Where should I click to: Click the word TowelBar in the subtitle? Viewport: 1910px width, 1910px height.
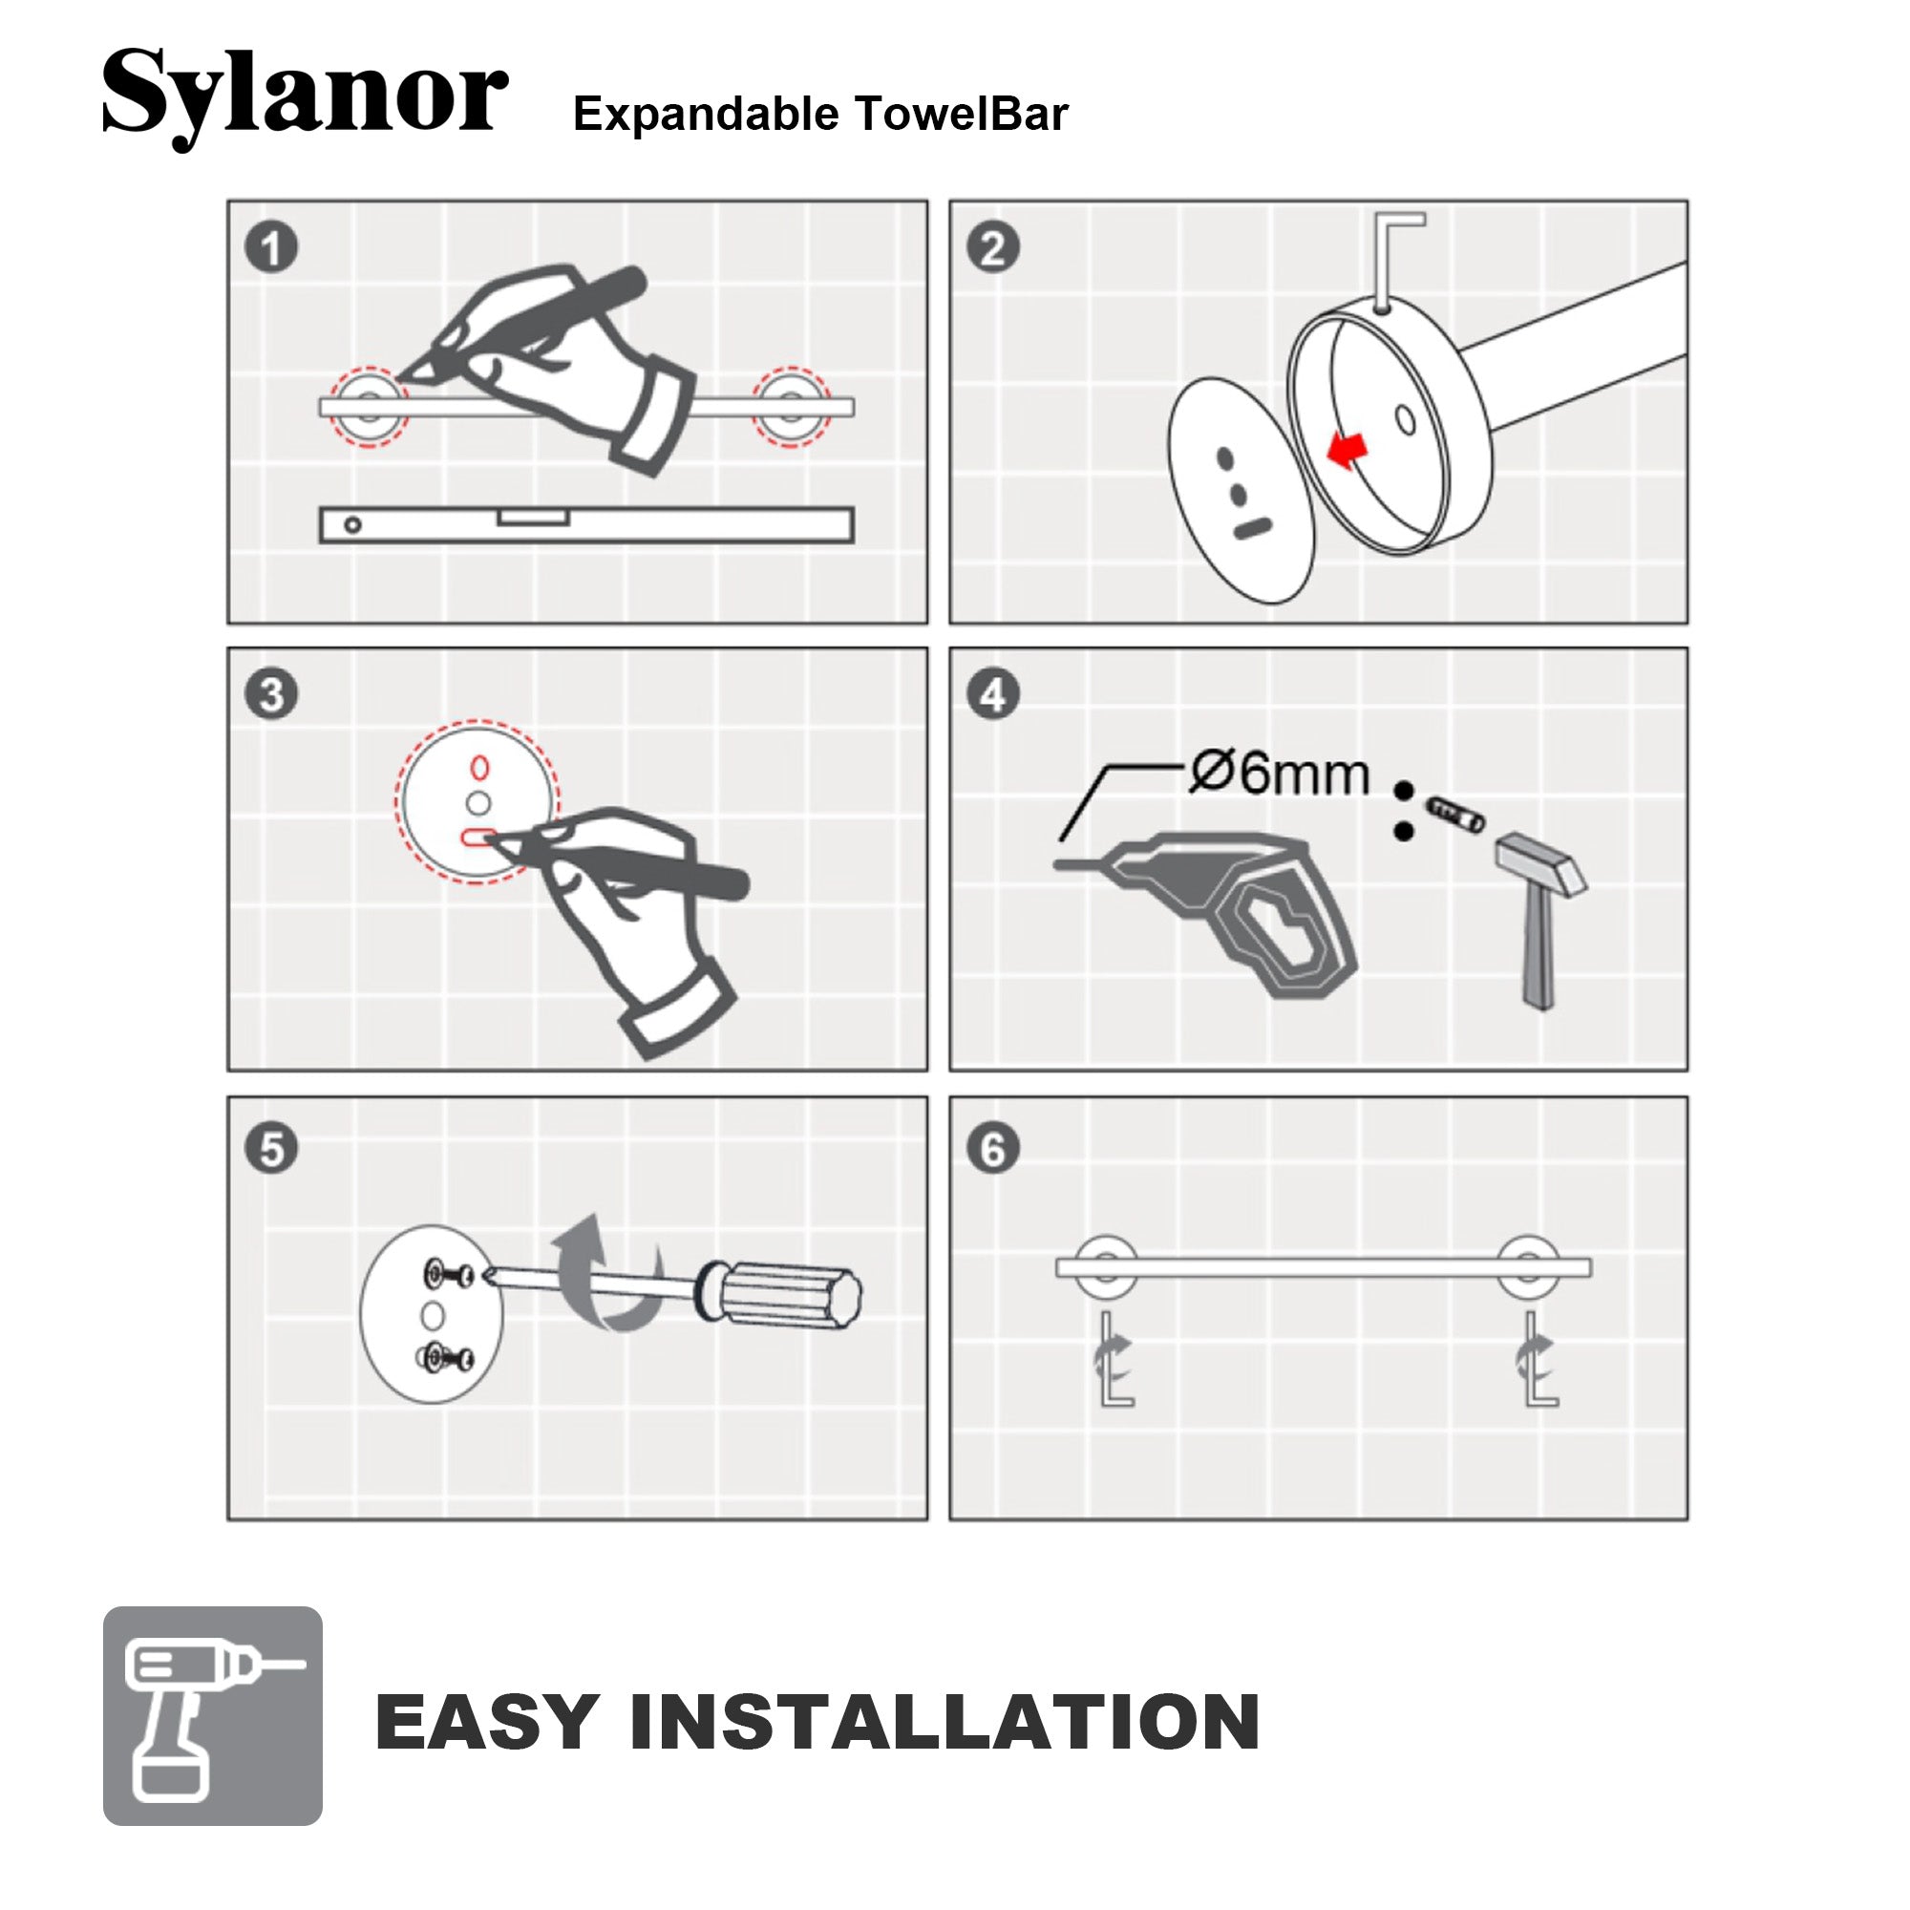(961, 113)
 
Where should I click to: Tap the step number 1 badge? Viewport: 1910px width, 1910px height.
(271, 247)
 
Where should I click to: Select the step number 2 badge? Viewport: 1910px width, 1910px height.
(992, 247)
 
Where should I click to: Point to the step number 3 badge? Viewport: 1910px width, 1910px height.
(271, 694)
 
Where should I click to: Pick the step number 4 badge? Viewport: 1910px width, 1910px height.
(992, 694)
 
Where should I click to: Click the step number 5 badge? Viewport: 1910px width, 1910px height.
(271, 1149)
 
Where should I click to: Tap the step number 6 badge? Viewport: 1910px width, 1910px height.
(992, 1149)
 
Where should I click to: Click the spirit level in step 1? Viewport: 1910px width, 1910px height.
(586, 525)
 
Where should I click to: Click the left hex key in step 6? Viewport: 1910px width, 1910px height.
(1115, 1358)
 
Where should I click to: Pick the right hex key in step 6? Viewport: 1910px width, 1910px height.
(1539, 1358)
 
